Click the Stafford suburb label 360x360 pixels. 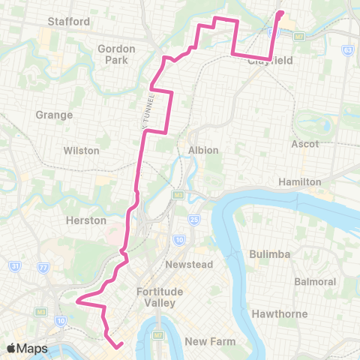(x=68, y=22)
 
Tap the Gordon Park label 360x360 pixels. (x=116, y=54)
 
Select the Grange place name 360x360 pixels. (x=54, y=115)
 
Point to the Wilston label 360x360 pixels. (x=82, y=151)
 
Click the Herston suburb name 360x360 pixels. (x=86, y=220)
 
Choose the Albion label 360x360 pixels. (x=203, y=150)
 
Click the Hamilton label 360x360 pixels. (x=299, y=182)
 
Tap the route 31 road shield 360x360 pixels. (x=16, y=265)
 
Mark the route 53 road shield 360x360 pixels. (x=347, y=50)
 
